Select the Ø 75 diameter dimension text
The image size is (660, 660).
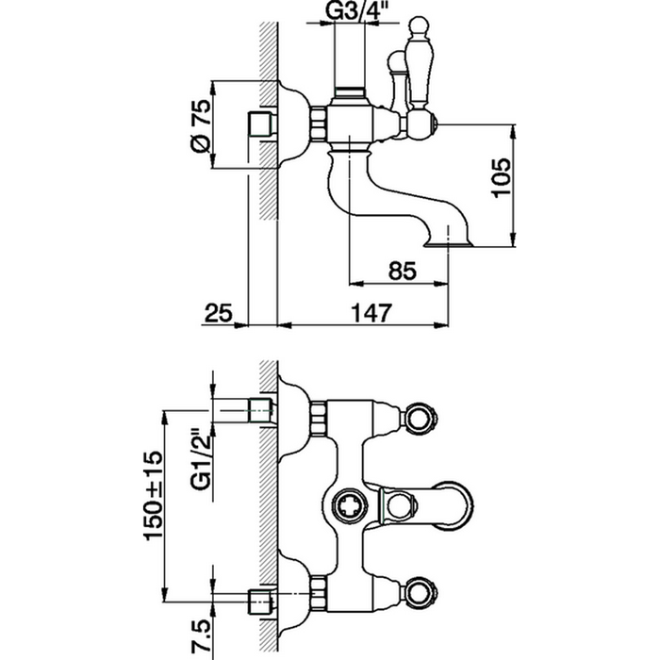(x=199, y=126)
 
